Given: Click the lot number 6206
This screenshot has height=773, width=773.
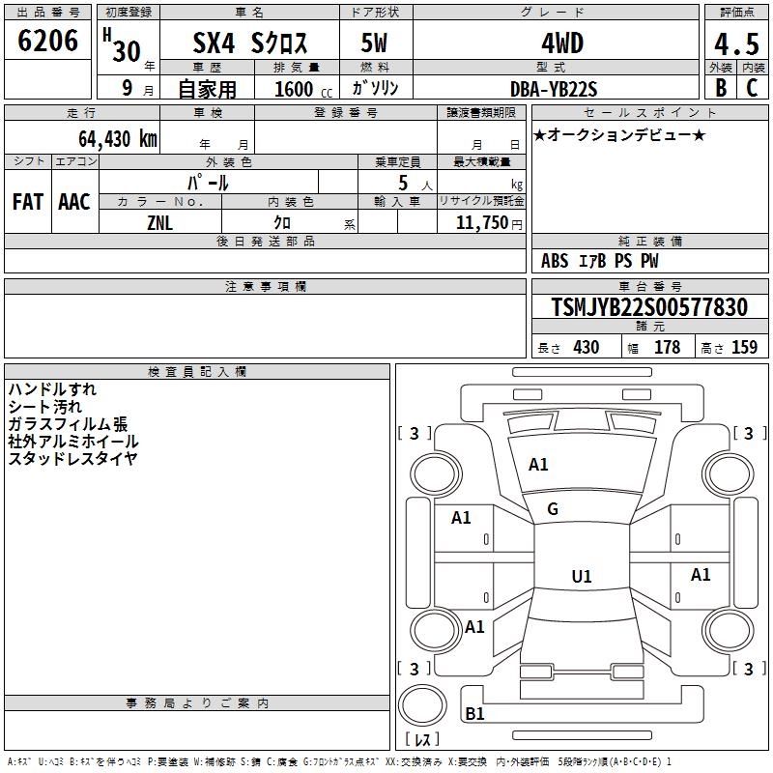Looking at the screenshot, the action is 48,41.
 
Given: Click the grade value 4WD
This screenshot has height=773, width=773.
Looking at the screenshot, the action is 555,43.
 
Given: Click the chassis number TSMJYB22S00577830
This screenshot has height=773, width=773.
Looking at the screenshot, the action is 649,308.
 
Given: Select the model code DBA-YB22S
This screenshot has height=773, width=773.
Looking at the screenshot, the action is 555,89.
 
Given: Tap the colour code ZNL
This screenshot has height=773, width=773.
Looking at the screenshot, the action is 159,222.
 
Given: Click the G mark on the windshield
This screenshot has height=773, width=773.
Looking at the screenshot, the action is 553,509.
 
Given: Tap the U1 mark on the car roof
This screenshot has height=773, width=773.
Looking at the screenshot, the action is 582,577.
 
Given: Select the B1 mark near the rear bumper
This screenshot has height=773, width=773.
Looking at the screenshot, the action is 475,714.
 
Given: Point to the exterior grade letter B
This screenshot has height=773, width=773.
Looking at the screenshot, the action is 720,88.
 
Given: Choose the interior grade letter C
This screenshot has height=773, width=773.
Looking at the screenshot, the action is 752,88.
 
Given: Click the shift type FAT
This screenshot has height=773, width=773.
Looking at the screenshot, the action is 28,202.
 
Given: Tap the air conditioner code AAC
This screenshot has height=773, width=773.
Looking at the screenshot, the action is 74,202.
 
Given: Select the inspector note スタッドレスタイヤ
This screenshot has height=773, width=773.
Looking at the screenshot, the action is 72,459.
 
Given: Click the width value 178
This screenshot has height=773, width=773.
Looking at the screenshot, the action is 667,348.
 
